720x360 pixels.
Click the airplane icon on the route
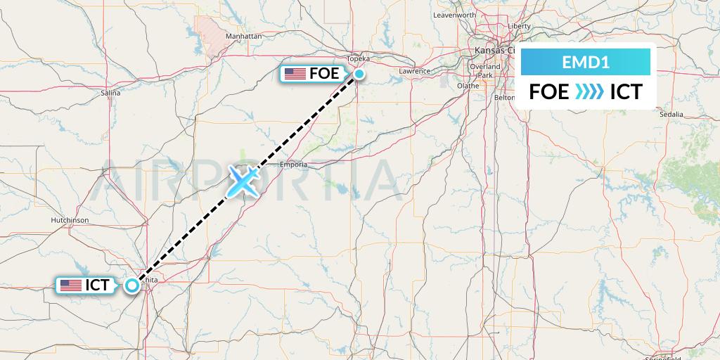coord(243,181)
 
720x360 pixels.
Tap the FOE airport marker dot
coord(359,74)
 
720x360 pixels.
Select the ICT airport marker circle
coord(131,285)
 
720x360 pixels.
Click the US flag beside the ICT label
coord(70,285)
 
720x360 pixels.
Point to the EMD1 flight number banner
coord(585,63)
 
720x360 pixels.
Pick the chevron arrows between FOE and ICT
coord(589,91)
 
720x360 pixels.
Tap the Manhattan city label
coord(243,36)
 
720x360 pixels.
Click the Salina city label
coord(110,92)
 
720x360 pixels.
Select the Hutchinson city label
coord(70,220)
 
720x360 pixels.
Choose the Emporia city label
coord(293,165)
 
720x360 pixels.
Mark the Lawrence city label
coord(414,71)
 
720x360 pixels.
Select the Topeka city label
coord(359,59)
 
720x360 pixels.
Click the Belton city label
coord(505,98)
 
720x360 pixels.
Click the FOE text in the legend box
coord(549,91)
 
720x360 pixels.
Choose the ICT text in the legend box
coord(626,91)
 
